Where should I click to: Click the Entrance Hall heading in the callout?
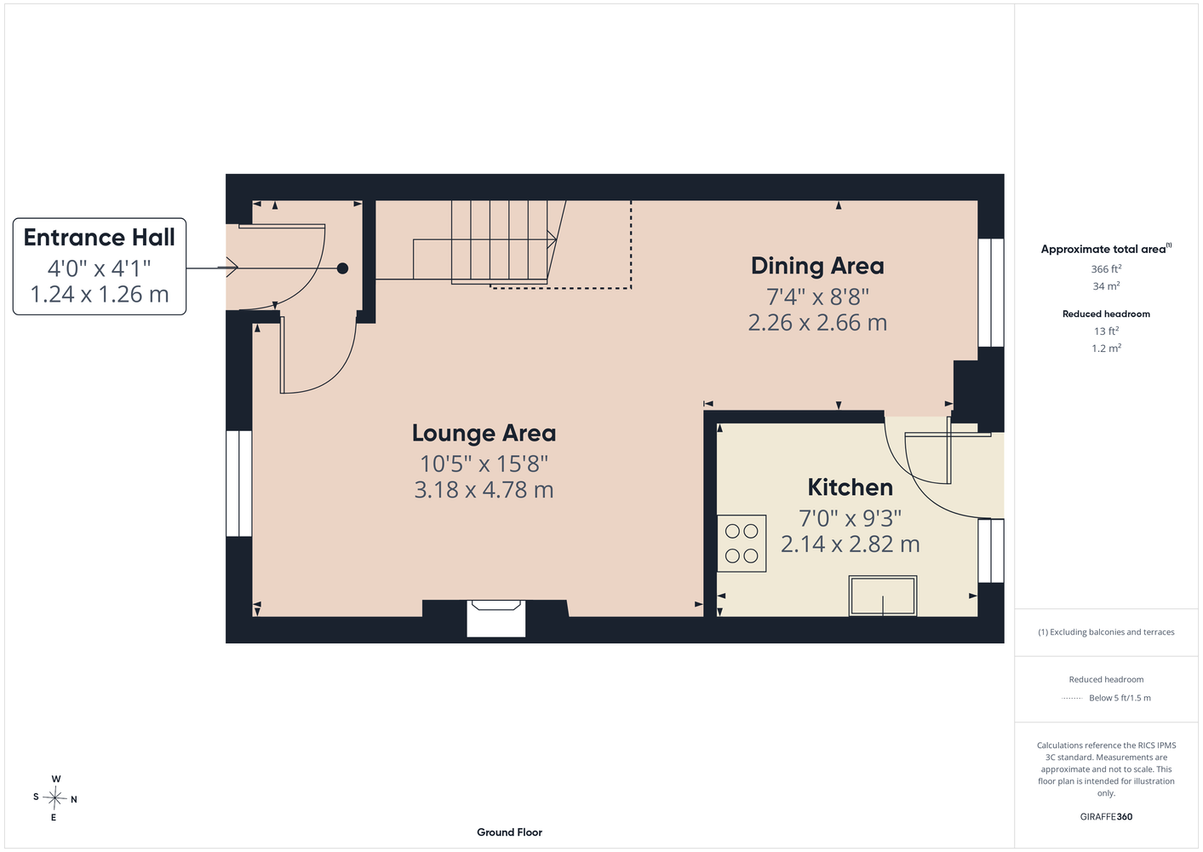click(x=100, y=238)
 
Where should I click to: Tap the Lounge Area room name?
click(x=484, y=434)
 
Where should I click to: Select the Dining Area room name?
click(x=817, y=266)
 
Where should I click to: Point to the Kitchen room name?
click(x=851, y=487)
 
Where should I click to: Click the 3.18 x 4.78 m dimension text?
click(x=484, y=490)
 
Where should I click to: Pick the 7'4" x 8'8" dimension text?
click(x=817, y=296)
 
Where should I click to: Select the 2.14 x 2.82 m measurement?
click(x=851, y=544)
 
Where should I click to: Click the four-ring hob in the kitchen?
click(x=742, y=543)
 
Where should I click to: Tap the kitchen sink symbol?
click(x=882, y=596)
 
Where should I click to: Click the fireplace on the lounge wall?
click(x=496, y=619)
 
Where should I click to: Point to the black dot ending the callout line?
click(x=342, y=268)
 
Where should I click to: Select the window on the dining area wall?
click(x=991, y=292)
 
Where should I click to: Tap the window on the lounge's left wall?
click(x=239, y=483)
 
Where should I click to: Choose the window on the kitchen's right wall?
click(x=991, y=550)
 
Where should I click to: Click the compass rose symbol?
click(x=54, y=798)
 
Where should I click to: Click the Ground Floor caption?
click(x=510, y=832)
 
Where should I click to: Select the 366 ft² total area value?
click(x=1106, y=268)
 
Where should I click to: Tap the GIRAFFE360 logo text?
click(x=1106, y=816)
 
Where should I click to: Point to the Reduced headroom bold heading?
click(x=1106, y=314)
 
